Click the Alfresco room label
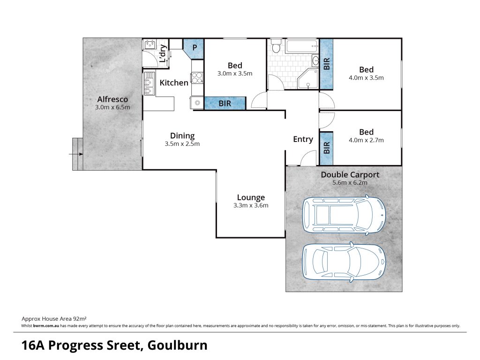click(112, 99)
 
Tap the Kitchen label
click(174, 82)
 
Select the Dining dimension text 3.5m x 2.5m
click(182, 144)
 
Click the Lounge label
click(251, 198)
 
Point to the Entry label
click(303, 140)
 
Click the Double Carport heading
click(350, 175)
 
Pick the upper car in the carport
click(344, 215)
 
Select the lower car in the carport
click(344, 262)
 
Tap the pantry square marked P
click(194, 48)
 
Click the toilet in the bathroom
click(277, 45)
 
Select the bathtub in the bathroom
click(302, 46)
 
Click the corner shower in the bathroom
click(308, 79)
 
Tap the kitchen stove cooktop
click(197, 77)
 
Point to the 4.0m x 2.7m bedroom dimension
click(366, 140)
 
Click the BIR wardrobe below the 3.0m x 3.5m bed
click(225, 103)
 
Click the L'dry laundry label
click(163, 53)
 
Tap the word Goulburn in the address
click(178, 345)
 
